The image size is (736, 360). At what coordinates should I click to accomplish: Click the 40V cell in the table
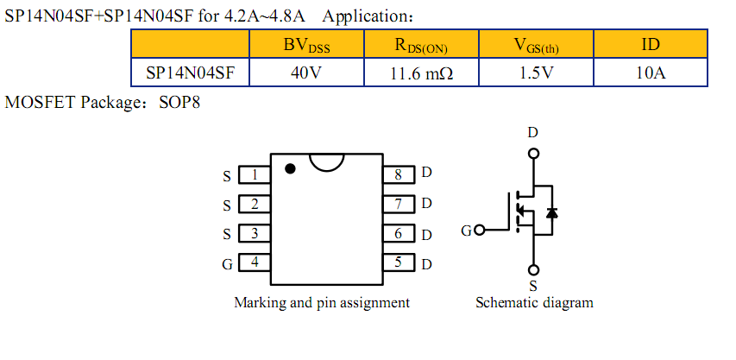pyautogui.click(x=306, y=73)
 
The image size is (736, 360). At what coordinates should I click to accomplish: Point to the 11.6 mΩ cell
pyautogui.click(x=420, y=73)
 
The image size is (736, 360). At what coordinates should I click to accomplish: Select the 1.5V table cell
pyautogui.click(x=535, y=73)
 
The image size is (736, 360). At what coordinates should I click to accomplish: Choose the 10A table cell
pyautogui.click(x=650, y=73)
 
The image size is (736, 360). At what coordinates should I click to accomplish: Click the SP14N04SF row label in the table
pyautogui.click(x=190, y=73)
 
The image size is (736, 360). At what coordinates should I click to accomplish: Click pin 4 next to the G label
pyautogui.click(x=254, y=262)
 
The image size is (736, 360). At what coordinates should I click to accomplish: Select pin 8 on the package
pyautogui.click(x=398, y=174)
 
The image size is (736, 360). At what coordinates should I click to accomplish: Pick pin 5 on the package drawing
pyautogui.click(x=398, y=262)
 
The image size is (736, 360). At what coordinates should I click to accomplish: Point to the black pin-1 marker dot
pyautogui.click(x=291, y=168)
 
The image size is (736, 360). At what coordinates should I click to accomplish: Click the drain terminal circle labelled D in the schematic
pyautogui.click(x=534, y=154)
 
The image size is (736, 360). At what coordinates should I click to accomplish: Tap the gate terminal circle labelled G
pyautogui.click(x=480, y=231)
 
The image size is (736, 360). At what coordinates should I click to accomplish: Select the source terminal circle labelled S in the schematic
pyautogui.click(x=534, y=268)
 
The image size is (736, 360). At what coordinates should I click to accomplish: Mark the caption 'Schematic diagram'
pyautogui.click(x=534, y=303)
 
